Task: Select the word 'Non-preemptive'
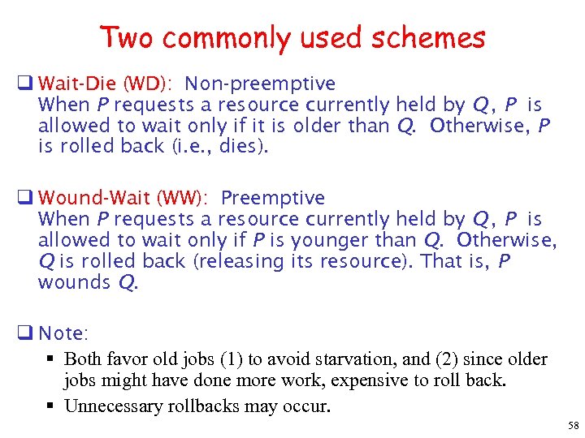tap(260, 84)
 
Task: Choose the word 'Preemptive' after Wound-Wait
tap(273, 198)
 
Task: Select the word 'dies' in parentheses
tap(238, 147)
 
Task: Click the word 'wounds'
tap(74, 282)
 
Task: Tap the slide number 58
tap(574, 426)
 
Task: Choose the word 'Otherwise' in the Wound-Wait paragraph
tap(505, 240)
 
